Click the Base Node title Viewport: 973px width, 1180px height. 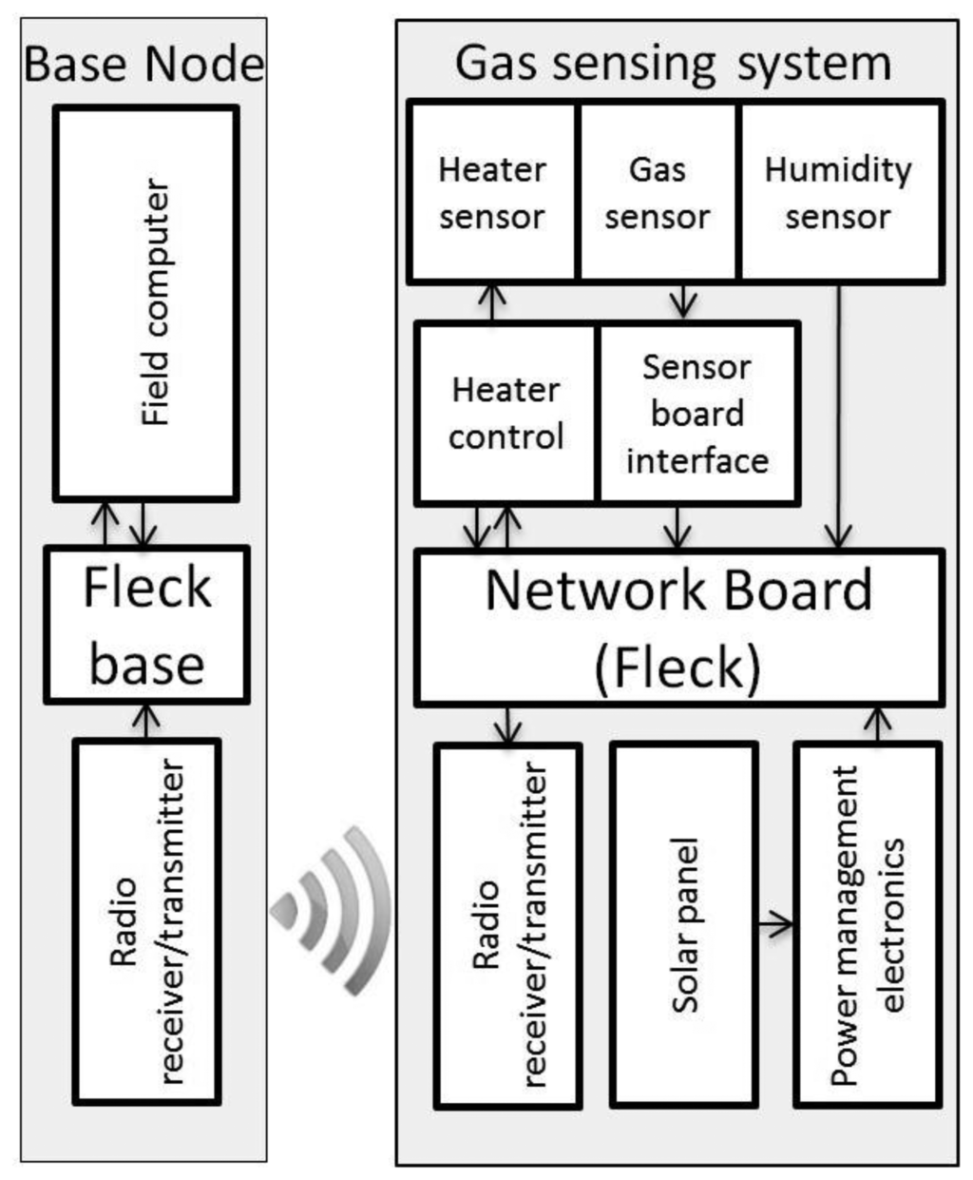[143, 64]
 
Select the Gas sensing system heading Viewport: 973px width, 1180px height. [673, 64]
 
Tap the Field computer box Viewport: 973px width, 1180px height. [146, 302]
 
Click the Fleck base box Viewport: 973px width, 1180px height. [147, 625]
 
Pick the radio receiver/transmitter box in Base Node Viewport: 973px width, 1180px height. [147, 921]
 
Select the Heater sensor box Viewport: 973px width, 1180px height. [492, 193]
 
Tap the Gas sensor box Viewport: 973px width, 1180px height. [658, 193]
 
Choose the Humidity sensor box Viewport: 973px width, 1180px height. [839, 193]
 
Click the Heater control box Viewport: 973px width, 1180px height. [506, 413]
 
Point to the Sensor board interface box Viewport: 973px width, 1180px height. [697, 413]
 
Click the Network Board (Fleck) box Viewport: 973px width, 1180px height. [679, 627]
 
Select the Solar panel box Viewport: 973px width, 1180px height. [685, 924]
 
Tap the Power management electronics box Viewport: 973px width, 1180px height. [868, 924]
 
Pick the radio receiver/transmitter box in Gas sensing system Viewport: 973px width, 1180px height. [508, 924]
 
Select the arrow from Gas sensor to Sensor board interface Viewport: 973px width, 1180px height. [682, 302]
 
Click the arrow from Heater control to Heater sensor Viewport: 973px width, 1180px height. [491, 302]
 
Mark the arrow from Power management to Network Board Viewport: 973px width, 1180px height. [877, 724]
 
